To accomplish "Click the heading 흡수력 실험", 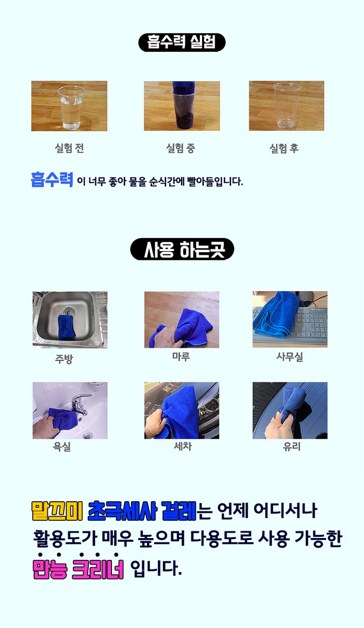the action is click(x=182, y=42).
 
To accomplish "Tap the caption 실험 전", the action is click(x=69, y=148).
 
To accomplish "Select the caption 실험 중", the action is click(x=181, y=148).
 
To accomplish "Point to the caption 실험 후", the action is click(x=284, y=148).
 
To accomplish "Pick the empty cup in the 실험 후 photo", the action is click(x=286, y=105).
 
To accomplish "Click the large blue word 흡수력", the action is click(x=52, y=179).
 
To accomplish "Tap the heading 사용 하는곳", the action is click(x=184, y=249).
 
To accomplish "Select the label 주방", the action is click(x=64, y=359).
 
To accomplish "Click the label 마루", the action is click(x=181, y=356).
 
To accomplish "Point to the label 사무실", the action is click(x=290, y=356).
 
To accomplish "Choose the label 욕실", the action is click(x=62, y=446).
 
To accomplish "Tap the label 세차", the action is click(x=182, y=446).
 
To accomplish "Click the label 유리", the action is click(x=292, y=446).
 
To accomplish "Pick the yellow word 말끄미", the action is click(x=57, y=511).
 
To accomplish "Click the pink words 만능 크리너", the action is click(x=78, y=569).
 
